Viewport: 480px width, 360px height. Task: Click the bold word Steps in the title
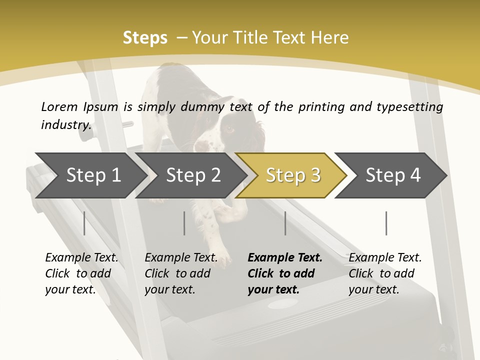click(145, 38)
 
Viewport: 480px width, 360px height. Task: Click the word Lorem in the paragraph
click(59, 106)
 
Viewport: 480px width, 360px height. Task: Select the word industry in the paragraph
click(65, 124)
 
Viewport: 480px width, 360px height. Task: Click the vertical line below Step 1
click(84, 223)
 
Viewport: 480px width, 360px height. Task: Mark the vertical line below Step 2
click(184, 223)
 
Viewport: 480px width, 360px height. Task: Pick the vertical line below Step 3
click(285, 223)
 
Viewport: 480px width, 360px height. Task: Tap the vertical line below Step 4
click(386, 223)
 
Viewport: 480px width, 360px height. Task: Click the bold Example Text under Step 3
click(285, 258)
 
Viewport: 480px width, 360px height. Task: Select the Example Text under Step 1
click(81, 258)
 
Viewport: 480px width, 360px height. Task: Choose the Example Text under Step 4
click(385, 258)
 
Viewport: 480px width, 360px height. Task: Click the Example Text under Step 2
click(181, 258)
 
